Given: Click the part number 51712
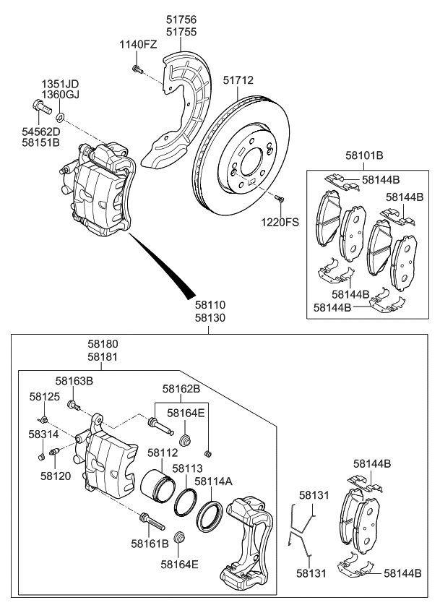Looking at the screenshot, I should (x=238, y=81).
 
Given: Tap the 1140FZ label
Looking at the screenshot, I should (x=138, y=45).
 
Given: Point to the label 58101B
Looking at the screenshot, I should (x=364, y=155).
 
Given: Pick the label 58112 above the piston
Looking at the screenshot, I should (x=163, y=453).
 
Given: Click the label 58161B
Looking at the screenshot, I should (x=150, y=543).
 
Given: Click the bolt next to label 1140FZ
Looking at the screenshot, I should (x=136, y=69).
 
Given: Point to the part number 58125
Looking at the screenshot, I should (x=45, y=397).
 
